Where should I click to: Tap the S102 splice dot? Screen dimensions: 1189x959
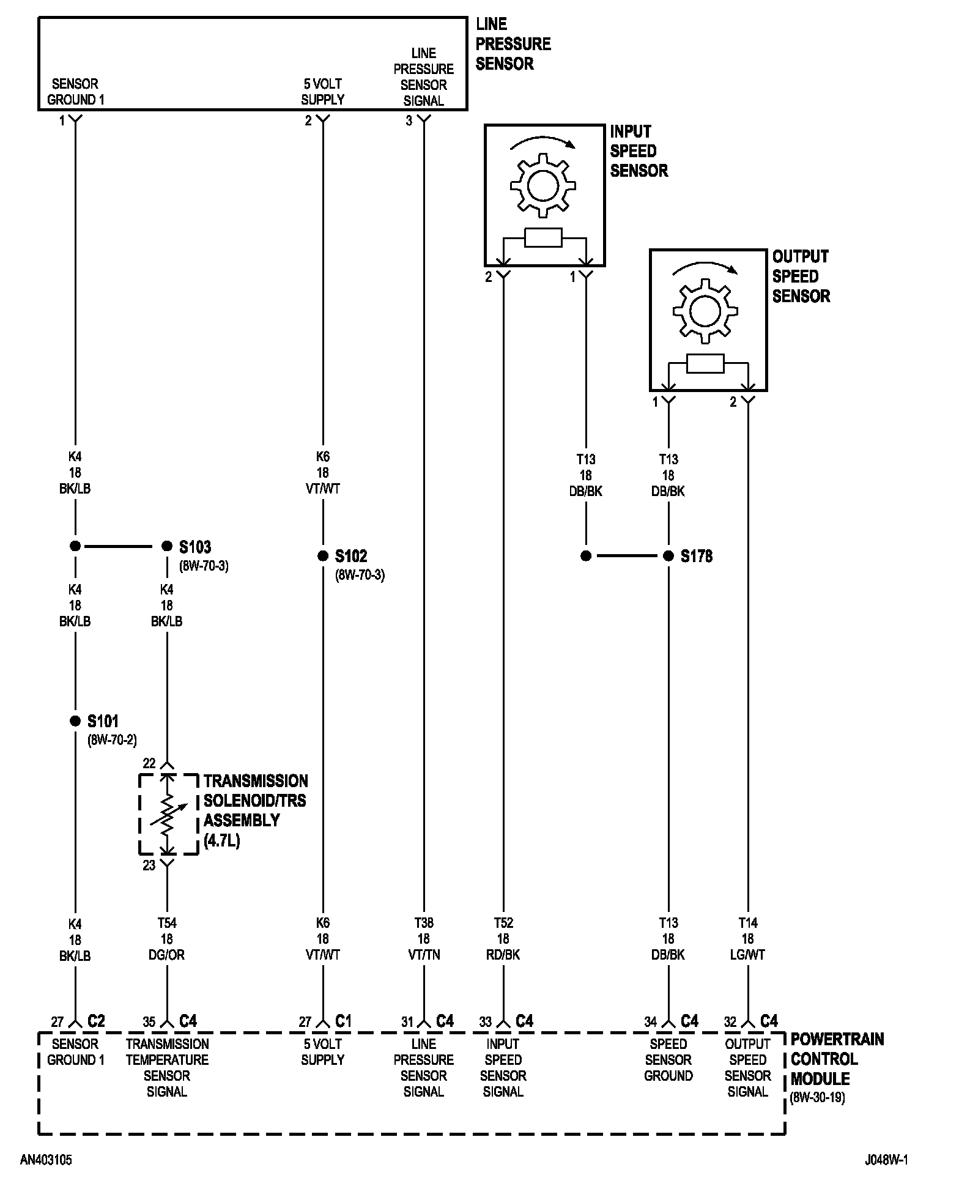(323, 556)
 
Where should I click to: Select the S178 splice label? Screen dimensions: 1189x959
(697, 556)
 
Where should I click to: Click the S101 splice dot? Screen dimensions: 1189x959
(75, 721)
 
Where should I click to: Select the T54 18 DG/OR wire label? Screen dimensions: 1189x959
(166, 939)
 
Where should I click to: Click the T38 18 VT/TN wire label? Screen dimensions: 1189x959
(423, 939)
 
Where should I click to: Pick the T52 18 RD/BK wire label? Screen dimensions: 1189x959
(503, 939)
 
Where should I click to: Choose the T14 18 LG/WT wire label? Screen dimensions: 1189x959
(747, 939)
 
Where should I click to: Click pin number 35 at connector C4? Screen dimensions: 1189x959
(149, 1022)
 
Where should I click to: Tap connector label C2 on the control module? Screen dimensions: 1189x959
(96, 1021)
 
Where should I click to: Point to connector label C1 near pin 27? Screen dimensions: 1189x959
(344, 1021)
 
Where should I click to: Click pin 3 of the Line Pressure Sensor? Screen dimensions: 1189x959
(409, 121)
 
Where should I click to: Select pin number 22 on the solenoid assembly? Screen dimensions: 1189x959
(149, 763)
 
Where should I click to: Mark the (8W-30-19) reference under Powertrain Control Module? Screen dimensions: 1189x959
(817, 1097)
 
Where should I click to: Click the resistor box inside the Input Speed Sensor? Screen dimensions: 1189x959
(543, 238)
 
